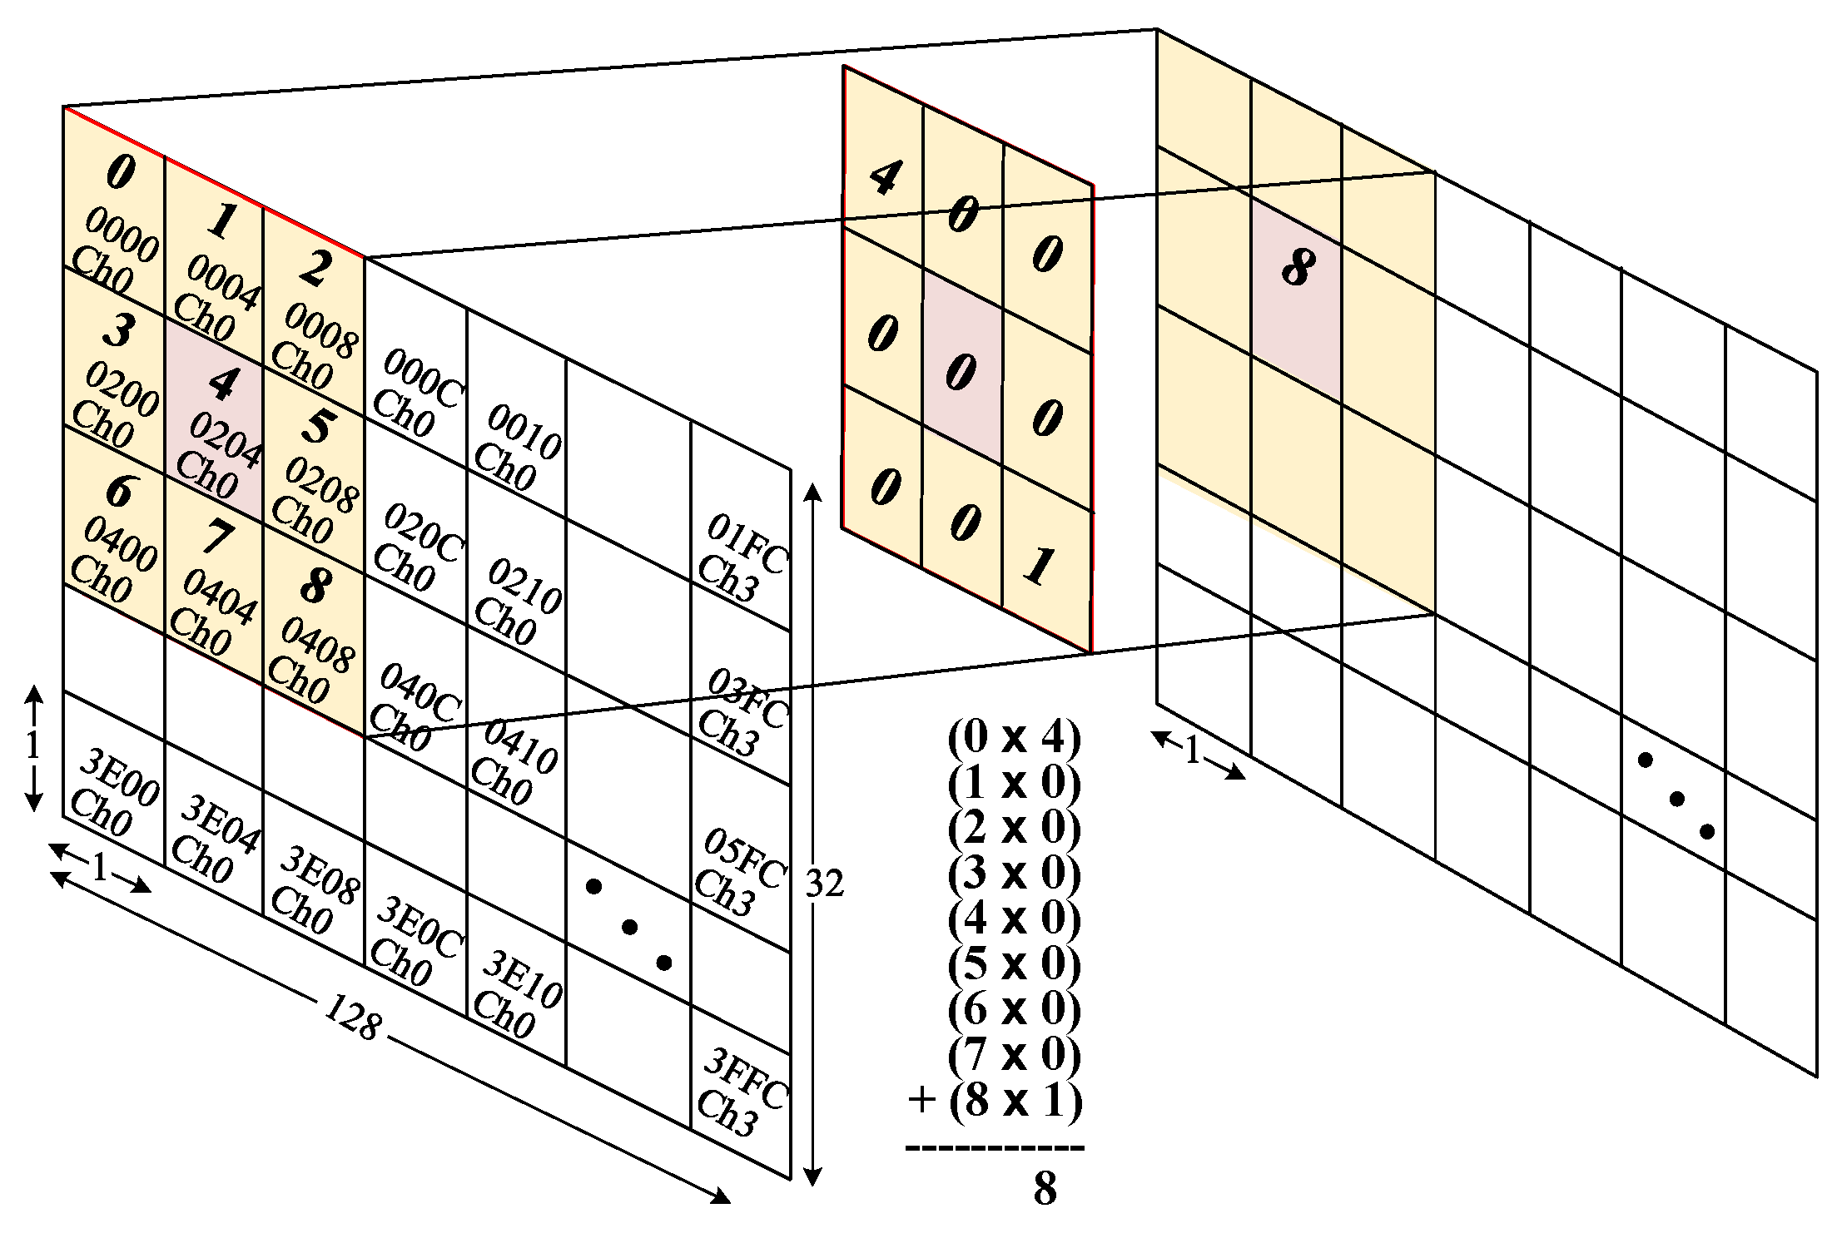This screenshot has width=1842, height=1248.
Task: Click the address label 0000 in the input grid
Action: pos(122,234)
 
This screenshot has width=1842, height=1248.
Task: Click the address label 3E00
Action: pos(122,777)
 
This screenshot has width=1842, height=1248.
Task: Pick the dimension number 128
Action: pos(354,1017)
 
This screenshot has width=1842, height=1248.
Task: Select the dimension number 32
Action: pos(825,884)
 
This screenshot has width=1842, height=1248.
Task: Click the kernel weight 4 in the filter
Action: pos(885,176)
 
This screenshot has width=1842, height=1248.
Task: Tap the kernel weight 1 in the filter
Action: pos(1040,566)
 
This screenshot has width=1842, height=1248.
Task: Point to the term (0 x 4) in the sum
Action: pos(1014,737)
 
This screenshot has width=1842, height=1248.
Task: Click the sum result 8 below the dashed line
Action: pos(1045,1188)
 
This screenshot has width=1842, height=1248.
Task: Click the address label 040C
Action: pos(420,692)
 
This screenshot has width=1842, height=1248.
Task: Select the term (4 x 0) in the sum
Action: pos(1014,919)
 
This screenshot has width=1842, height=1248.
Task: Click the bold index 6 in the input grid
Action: pos(120,491)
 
